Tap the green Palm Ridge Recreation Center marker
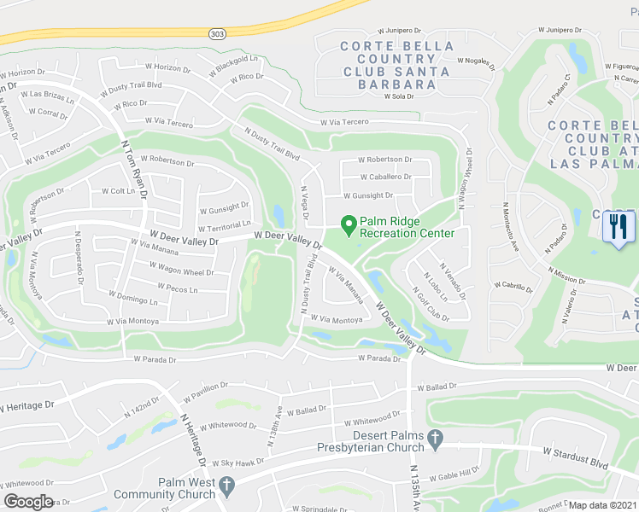[349, 226]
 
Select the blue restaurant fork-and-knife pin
[619, 227]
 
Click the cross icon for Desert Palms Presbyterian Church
[436, 440]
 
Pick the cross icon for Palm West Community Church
[226, 487]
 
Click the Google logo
[28, 502]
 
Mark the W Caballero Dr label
[385, 177]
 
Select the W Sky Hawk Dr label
[238, 462]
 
